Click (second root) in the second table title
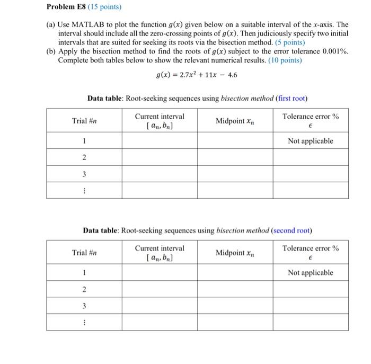291,230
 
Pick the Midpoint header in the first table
235,121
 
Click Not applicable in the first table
311,141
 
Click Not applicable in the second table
311,273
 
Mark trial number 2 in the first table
84,157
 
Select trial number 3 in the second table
84,306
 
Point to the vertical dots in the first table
84,190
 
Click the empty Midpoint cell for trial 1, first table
235,141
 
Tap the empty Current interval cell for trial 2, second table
160,289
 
